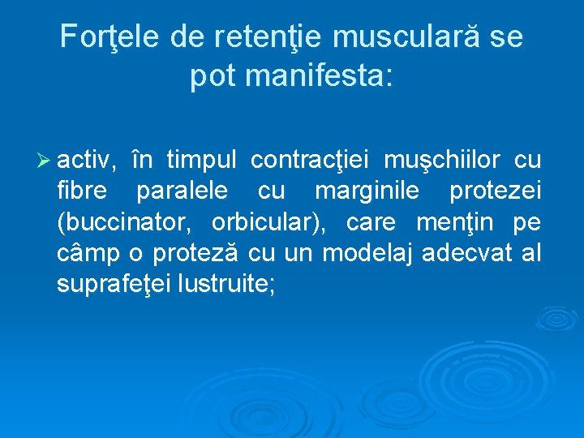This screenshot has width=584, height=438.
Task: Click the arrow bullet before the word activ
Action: pos(48,161)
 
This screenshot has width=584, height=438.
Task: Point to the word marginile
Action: pos(367,192)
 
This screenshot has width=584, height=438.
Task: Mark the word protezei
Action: pos(495,192)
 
